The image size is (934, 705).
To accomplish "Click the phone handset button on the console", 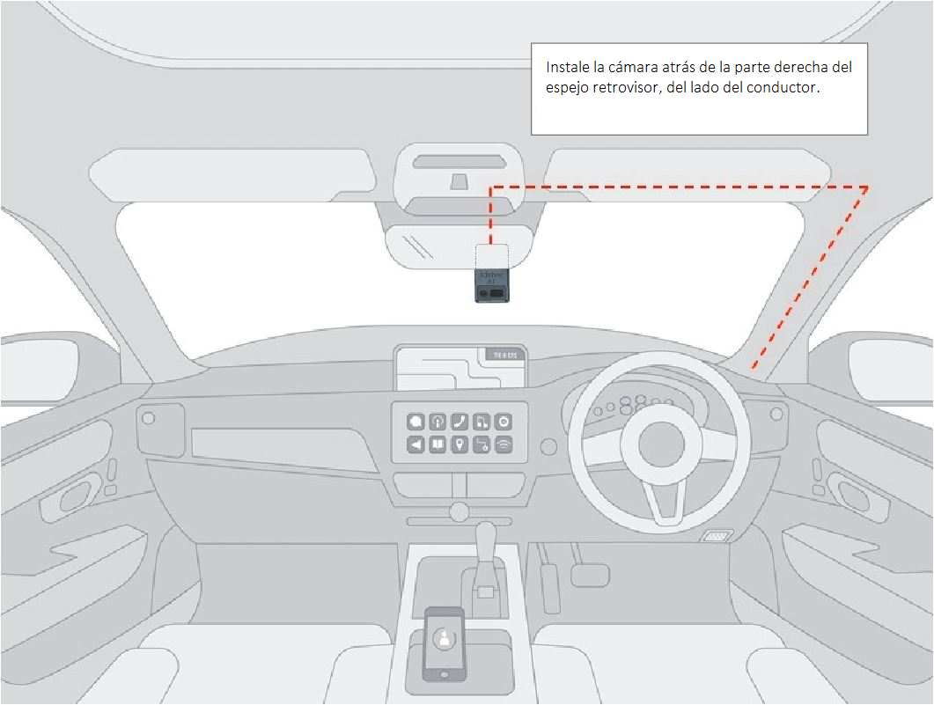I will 460,422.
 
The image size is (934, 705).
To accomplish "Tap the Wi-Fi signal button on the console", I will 504,445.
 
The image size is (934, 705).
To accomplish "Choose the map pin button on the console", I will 460,445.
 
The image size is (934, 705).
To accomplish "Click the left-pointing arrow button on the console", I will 416,445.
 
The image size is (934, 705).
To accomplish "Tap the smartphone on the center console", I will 445,643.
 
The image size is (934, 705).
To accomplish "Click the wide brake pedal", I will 590,575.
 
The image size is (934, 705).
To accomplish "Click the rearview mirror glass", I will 458,244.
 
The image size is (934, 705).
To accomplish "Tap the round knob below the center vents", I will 458,510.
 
